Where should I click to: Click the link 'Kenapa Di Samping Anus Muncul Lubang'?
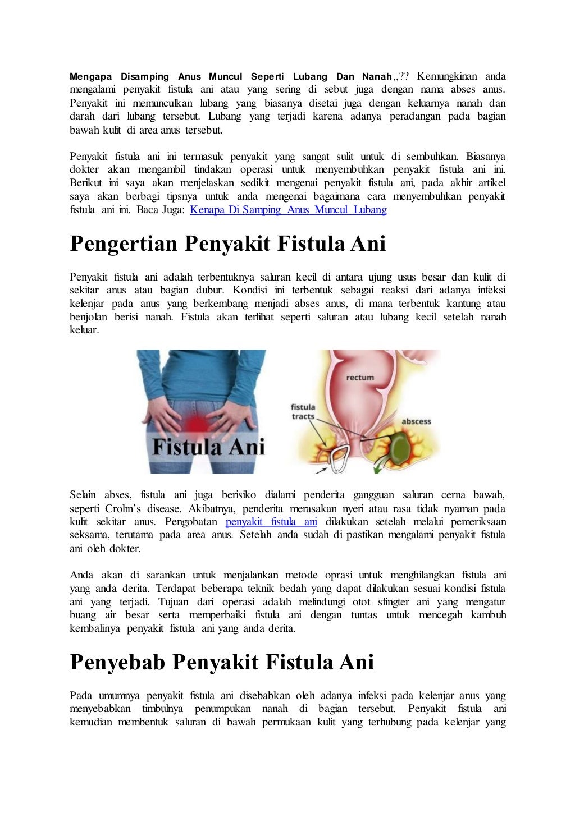click(x=288, y=210)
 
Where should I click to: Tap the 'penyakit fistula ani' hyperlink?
click(x=271, y=522)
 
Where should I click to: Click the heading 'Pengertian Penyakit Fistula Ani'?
click(x=227, y=244)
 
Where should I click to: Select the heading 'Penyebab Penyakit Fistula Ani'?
click(x=222, y=662)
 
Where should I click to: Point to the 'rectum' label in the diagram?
click(x=360, y=378)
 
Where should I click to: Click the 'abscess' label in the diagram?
click(x=416, y=421)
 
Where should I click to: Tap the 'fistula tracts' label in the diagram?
click(x=303, y=411)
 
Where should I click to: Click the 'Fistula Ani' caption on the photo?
click(x=208, y=447)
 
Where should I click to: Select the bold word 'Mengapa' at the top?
click(x=90, y=76)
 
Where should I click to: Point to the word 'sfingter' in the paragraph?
click(x=393, y=602)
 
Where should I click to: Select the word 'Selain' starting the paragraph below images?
click(x=83, y=495)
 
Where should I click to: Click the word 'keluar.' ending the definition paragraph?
click(x=84, y=330)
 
